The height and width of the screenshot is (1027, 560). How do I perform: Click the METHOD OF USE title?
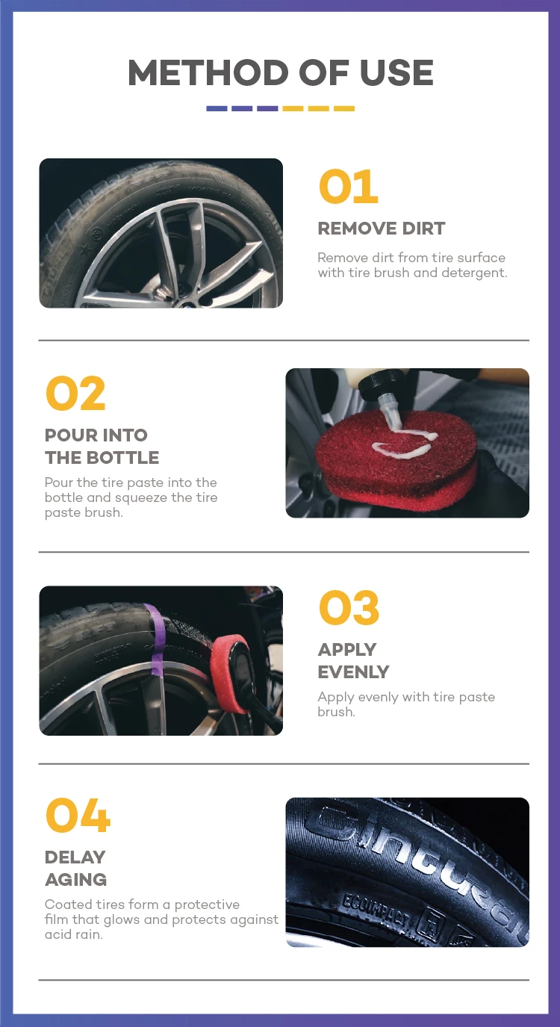point(281,72)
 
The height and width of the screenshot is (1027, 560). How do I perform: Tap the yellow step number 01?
point(349,186)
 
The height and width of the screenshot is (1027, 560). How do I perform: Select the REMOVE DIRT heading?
point(382,229)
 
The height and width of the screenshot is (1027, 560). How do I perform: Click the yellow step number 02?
point(75,393)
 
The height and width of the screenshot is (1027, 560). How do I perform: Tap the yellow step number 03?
point(349,607)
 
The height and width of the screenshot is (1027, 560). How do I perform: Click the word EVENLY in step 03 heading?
point(353,672)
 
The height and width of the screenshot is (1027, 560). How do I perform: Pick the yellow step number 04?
point(78,815)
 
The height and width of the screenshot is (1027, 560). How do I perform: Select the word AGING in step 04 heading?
point(75,879)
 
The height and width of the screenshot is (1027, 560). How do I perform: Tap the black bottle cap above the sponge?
point(382,384)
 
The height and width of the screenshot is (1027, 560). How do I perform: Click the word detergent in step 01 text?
point(474,273)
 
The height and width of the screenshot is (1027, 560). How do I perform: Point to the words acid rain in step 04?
point(73,934)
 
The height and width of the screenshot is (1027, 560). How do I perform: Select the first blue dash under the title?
point(217,108)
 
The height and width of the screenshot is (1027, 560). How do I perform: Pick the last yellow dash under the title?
point(344,108)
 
